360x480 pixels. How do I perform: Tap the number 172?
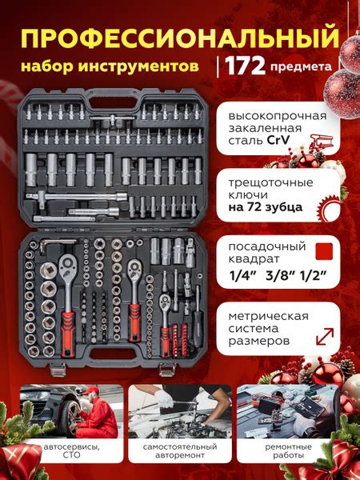pyautogui.click(x=246, y=66)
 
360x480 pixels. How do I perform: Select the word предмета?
pyautogui.click(x=301, y=66)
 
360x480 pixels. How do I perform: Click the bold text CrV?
pyautogui.click(x=278, y=141)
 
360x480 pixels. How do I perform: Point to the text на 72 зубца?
pyautogui.click(x=266, y=207)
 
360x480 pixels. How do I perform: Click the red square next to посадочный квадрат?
pyautogui.click(x=324, y=252)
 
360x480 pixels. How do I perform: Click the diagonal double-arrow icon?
pyautogui.click(x=325, y=337)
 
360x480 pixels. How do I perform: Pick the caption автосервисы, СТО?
pyautogui.click(x=72, y=450)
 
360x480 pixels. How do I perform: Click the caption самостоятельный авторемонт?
pyautogui.click(x=180, y=450)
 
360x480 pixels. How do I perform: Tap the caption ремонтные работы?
pyautogui.click(x=288, y=450)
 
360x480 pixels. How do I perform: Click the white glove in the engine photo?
pyautogui.click(x=164, y=399)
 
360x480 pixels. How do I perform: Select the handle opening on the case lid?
pyautogui.click(x=114, y=102)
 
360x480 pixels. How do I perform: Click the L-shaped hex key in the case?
pyautogui.click(x=54, y=244)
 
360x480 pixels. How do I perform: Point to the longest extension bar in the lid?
pyautogui.click(x=77, y=197)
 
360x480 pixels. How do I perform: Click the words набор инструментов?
pyautogui.click(x=110, y=66)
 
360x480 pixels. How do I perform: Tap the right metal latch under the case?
pyautogui.click(x=167, y=370)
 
